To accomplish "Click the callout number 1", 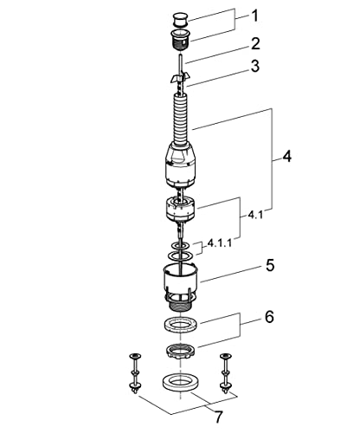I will click(254, 16).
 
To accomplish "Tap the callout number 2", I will click(254, 42).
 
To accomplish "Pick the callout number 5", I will click(270, 265).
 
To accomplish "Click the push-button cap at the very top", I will click(179, 17).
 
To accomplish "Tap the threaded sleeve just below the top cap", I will click(179, 37).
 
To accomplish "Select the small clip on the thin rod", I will click(178, 79).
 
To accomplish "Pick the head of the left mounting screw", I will click(134, 356).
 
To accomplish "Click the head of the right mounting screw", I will click(226, 356).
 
